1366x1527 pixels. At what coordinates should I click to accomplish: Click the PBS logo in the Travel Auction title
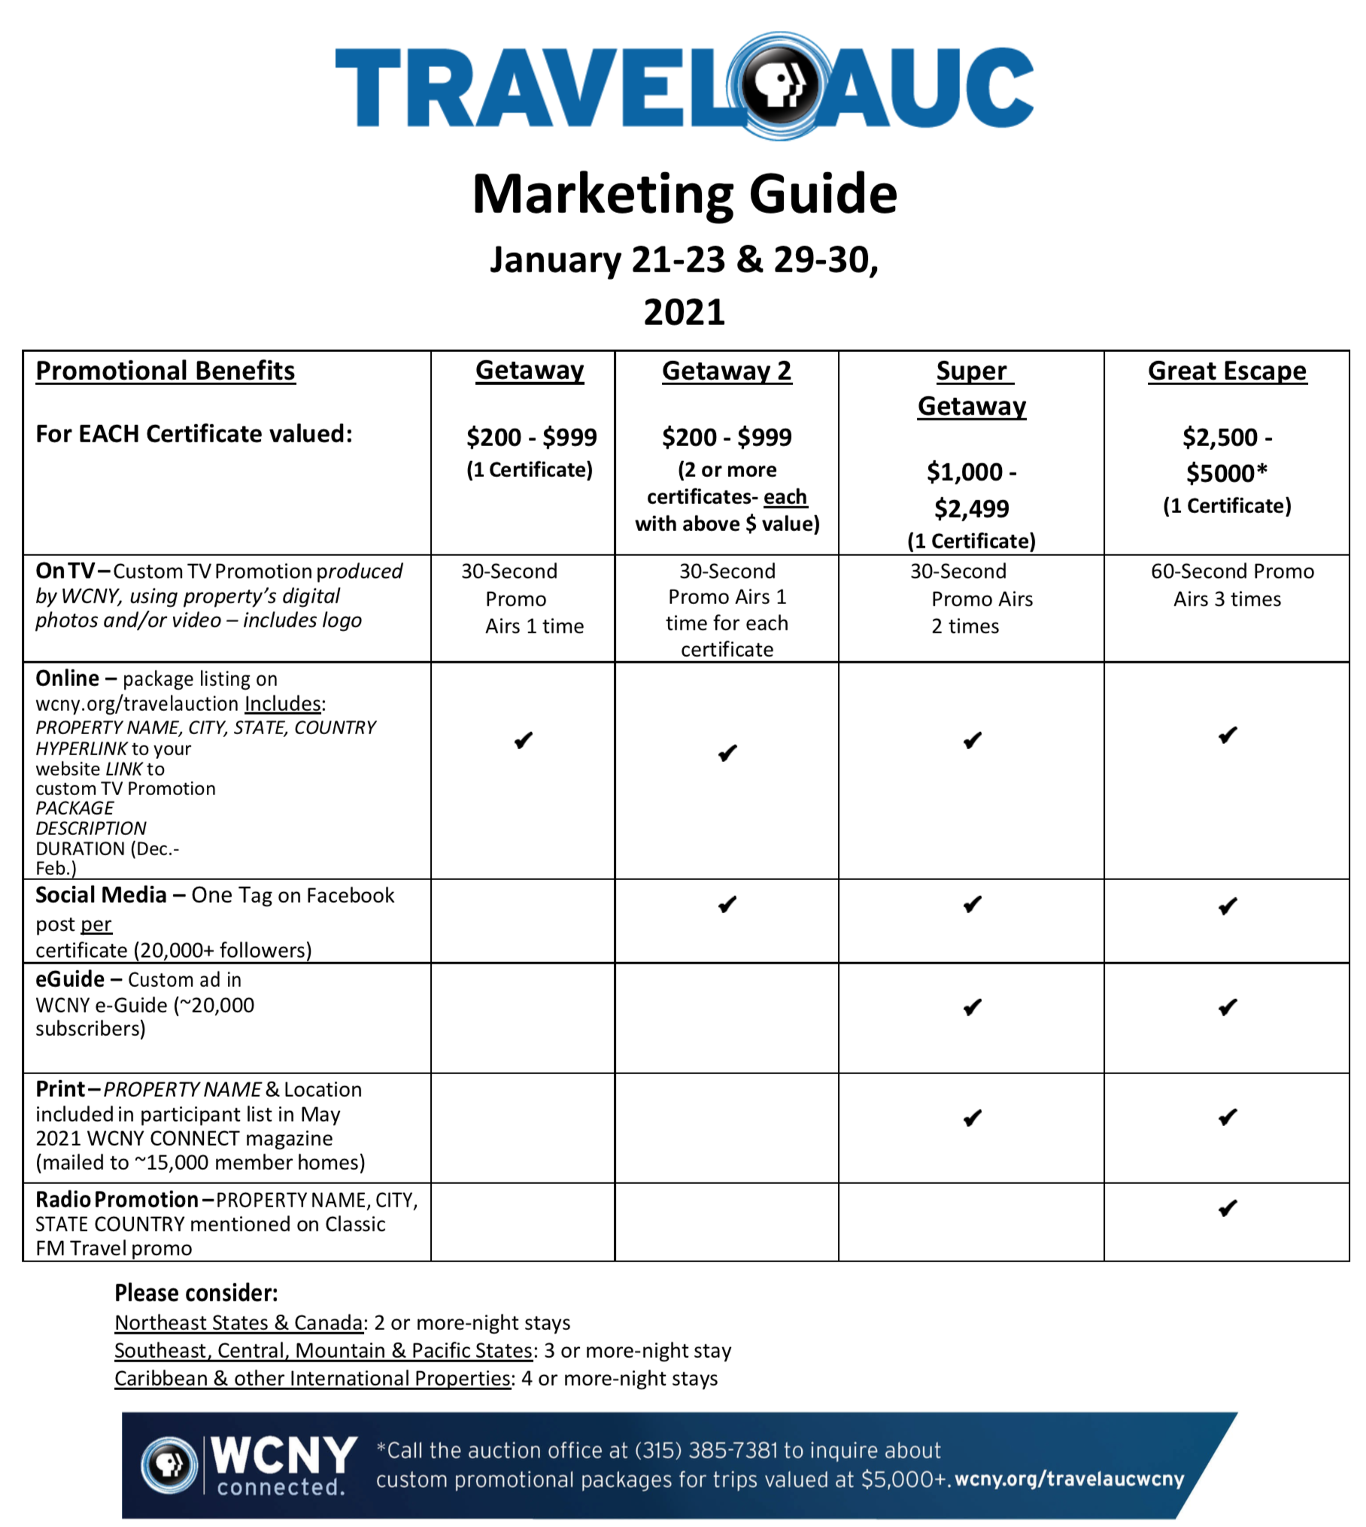point(781,86)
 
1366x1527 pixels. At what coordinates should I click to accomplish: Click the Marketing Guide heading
point(684,194)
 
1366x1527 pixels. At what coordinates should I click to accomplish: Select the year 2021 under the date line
point(684,311)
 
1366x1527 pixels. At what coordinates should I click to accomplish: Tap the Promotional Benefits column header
point(165,371)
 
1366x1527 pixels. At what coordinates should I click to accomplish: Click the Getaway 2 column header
point(726,371)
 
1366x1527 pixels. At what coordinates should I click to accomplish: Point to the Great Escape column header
point(1226,371)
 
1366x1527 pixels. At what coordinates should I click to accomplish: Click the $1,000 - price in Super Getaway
point(970,472)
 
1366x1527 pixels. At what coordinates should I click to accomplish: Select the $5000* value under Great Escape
point(1226,473)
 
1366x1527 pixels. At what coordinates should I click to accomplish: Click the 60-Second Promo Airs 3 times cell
point(1231,585)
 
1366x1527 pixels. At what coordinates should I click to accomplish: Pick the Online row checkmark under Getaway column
point(524,741)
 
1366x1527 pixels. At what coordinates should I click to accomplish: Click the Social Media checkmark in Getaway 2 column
point(727,904)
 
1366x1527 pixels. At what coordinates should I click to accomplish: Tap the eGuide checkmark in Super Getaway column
point(972,1007)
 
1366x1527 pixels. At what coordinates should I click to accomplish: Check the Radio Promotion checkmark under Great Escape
point(1228,1209)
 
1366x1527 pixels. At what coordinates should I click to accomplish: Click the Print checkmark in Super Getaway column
point(972,1119)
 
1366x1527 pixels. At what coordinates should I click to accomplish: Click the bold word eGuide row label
point(70,979)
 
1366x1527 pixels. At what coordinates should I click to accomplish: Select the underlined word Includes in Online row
point(283,704)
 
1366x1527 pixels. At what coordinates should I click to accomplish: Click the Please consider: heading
point(196,1293)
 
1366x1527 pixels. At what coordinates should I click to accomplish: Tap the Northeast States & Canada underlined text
point(238,1323)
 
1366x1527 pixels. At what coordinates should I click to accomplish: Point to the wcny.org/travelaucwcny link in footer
point(1069,1479)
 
